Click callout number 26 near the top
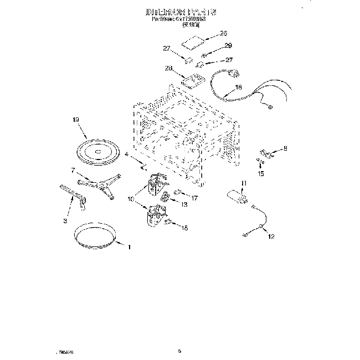223,34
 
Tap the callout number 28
169,68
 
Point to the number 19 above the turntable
76,119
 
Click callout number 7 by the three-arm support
73,170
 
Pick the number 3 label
65,221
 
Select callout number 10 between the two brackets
132,198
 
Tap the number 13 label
184,204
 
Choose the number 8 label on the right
286,148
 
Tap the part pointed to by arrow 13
166,198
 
